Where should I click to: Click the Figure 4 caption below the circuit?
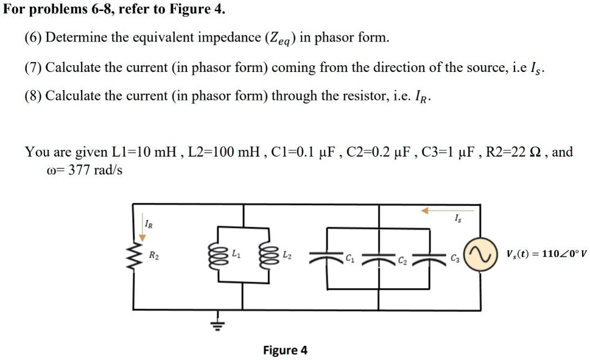click(x=285, y=350)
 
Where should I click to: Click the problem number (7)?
click(x=33, y=67)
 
